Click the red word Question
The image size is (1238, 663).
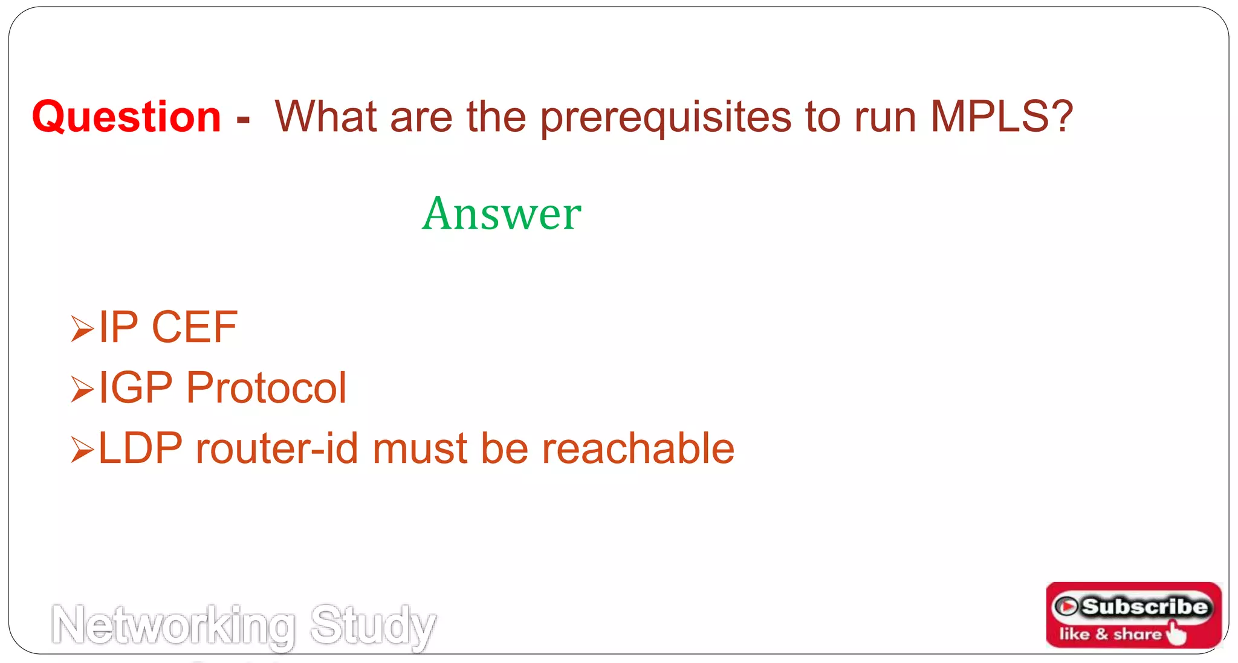coord(126,117)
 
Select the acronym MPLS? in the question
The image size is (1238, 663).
coord(1001,117)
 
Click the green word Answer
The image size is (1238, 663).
coord(502,213)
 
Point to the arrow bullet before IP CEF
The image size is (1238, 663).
coord(82,329)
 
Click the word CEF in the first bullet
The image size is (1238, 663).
coord(194,327)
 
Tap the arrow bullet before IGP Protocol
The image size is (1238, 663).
coord(82,389)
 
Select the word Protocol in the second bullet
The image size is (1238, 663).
coord(266,387)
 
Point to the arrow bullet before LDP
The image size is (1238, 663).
coord(82,450)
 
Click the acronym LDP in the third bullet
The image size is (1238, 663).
coord(140,448)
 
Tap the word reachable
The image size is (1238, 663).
coord(638,448)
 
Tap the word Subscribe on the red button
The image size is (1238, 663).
coord(1144,606)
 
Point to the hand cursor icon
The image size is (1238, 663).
coord(1176,633)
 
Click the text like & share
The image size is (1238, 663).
coord(1110,634)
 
